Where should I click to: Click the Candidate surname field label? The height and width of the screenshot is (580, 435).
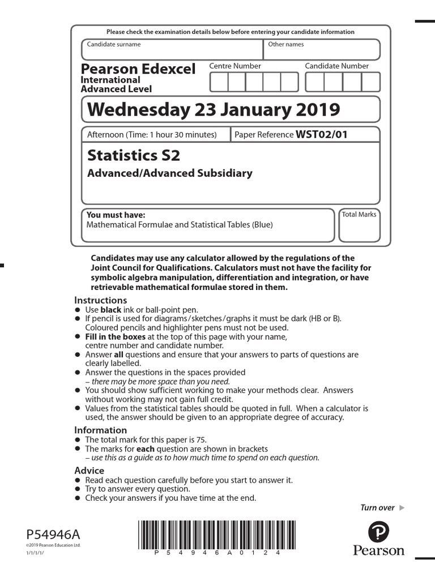[x=114, y=44]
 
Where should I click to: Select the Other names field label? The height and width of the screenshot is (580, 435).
[x=285, y=44]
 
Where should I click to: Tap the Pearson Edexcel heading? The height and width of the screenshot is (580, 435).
[x=138, y=69]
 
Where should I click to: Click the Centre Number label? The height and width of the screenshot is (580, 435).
[x=235, y=66]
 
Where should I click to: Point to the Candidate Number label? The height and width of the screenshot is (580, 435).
[x=336, y=66]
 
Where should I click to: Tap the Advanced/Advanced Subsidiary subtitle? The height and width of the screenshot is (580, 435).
[x=169, y=173]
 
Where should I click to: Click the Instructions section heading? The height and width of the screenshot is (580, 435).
[x=101, y=300]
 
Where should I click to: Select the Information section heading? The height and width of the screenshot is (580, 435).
[x=101, y=430]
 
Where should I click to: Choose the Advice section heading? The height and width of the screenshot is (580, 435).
[x=89, y=471]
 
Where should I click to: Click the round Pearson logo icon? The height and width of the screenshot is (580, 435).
[x=378, y=533]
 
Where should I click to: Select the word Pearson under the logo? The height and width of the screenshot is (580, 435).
[x=379, y=551]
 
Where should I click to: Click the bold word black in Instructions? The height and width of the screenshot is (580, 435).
[x=111, y=310]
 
